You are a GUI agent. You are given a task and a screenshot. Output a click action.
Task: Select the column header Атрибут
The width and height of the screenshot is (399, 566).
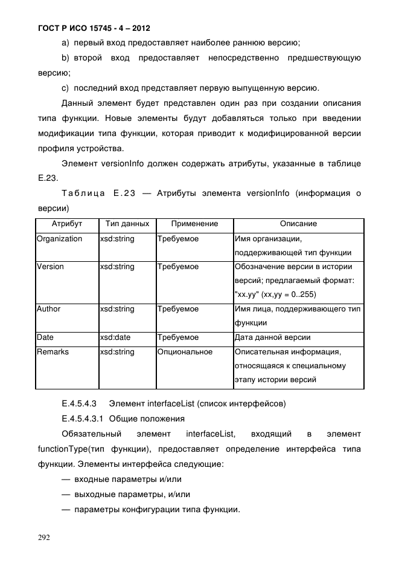(x=66, y=224)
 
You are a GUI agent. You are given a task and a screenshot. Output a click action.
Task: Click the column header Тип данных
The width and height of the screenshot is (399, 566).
(x=127, y=224)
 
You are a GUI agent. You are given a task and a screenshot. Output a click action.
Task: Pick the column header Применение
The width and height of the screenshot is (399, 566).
(x=195, y=224)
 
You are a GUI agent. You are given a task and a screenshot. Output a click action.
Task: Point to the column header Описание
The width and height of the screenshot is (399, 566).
(x=298, y=224)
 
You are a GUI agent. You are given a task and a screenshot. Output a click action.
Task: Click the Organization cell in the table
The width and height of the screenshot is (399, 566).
(x=59, y=239)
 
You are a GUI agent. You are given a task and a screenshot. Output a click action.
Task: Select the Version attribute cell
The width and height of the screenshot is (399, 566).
(x=50, y=267)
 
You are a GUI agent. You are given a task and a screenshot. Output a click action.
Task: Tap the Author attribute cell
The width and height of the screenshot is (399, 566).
(x=48, y=309)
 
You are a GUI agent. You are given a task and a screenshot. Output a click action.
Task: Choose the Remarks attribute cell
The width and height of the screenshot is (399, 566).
(x=53, y=352)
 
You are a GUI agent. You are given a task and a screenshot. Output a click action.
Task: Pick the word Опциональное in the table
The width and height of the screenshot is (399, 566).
(x=185, y=352)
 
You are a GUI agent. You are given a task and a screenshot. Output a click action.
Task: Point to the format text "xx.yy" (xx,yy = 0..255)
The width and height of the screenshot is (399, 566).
(x=275, y=294)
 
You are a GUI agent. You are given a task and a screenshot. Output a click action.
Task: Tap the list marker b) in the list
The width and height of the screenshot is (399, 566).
(x=66, y=58)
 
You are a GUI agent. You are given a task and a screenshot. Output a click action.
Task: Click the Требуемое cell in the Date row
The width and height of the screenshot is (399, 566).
(x=178, y=337)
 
